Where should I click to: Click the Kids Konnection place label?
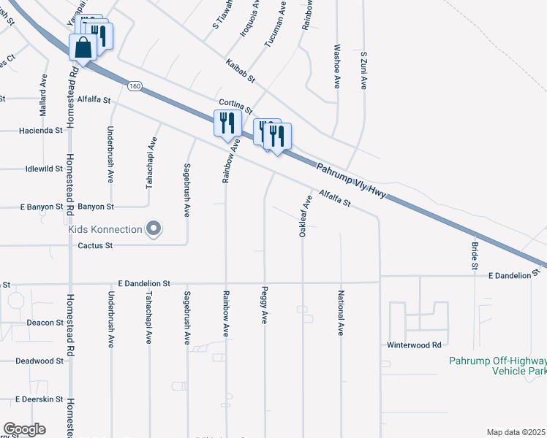(x=105, y=229)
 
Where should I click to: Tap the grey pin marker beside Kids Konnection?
(x=153, y=229)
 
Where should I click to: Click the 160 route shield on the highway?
(x=134, y=86)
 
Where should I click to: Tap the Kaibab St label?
(x=240, y=70)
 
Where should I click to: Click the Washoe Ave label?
(x=337, y=66)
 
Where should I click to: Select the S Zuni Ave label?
(x=363, y=70)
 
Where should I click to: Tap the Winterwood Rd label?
(x=415, y=344)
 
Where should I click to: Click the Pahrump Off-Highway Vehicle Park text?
(x=497, y=366)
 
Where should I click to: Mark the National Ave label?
(x=340, y=313)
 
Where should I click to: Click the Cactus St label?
(x=95, y=245)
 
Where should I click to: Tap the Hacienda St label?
(x=40, y=131)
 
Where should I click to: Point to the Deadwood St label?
(x=39, y=361)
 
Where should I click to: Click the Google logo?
(x=24, y=429)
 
